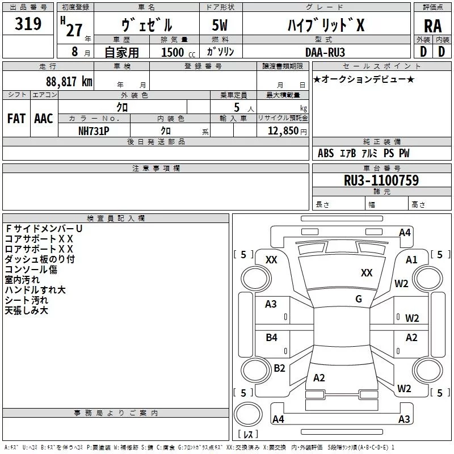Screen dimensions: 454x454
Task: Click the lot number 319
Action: pyautogui.click(x=29, y=24)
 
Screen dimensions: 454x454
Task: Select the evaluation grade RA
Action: pyautogui.click(x=432, y=27)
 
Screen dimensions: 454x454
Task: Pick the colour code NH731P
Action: pyautogui.click(x=94, y=130)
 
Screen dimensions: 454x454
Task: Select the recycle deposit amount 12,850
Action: pyautogui.click(x=279, y=131)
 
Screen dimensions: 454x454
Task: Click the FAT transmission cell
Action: pyautogui.click(x=16, y=119)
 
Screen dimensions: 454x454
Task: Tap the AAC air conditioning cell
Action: pyautogui.click(x=43, y=119)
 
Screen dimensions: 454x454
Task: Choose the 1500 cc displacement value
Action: pyautogui.click(x=175, y=52)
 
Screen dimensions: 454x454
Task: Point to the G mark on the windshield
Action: pyautogui.click(x=359, y=299)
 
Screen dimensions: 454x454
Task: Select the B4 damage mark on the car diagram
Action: pyautogui.click(x=271, y=338)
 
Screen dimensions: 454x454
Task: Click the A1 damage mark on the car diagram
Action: pyautogui.click(x=411, y=259)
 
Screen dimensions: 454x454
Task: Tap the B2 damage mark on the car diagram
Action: pyautogui.click(x=279, y=368)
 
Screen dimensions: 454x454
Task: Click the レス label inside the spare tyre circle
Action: pyautogui.click(x=248, y=435)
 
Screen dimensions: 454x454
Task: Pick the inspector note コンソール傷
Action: pyautogui.click(x=31, y=270)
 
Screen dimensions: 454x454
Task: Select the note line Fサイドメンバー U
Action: pyautogui.click(x=44, y=228)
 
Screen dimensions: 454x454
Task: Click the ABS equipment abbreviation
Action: pyautogui.click(x=326, y=153)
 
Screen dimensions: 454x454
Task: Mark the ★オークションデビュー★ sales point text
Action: pyautogui.click(x=363, y=79)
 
